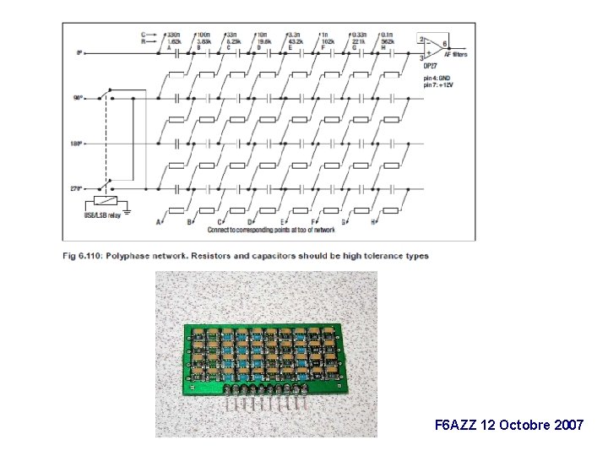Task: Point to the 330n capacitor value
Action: point(174,34)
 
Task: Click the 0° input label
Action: point(79,53)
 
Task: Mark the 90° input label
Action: point(78,98)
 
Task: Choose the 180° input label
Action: point(77,144)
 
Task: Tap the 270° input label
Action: point(77,188)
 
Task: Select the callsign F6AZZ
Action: point(453,425)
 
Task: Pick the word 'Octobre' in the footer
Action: point(522,425)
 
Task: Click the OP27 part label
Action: point(431,64)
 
